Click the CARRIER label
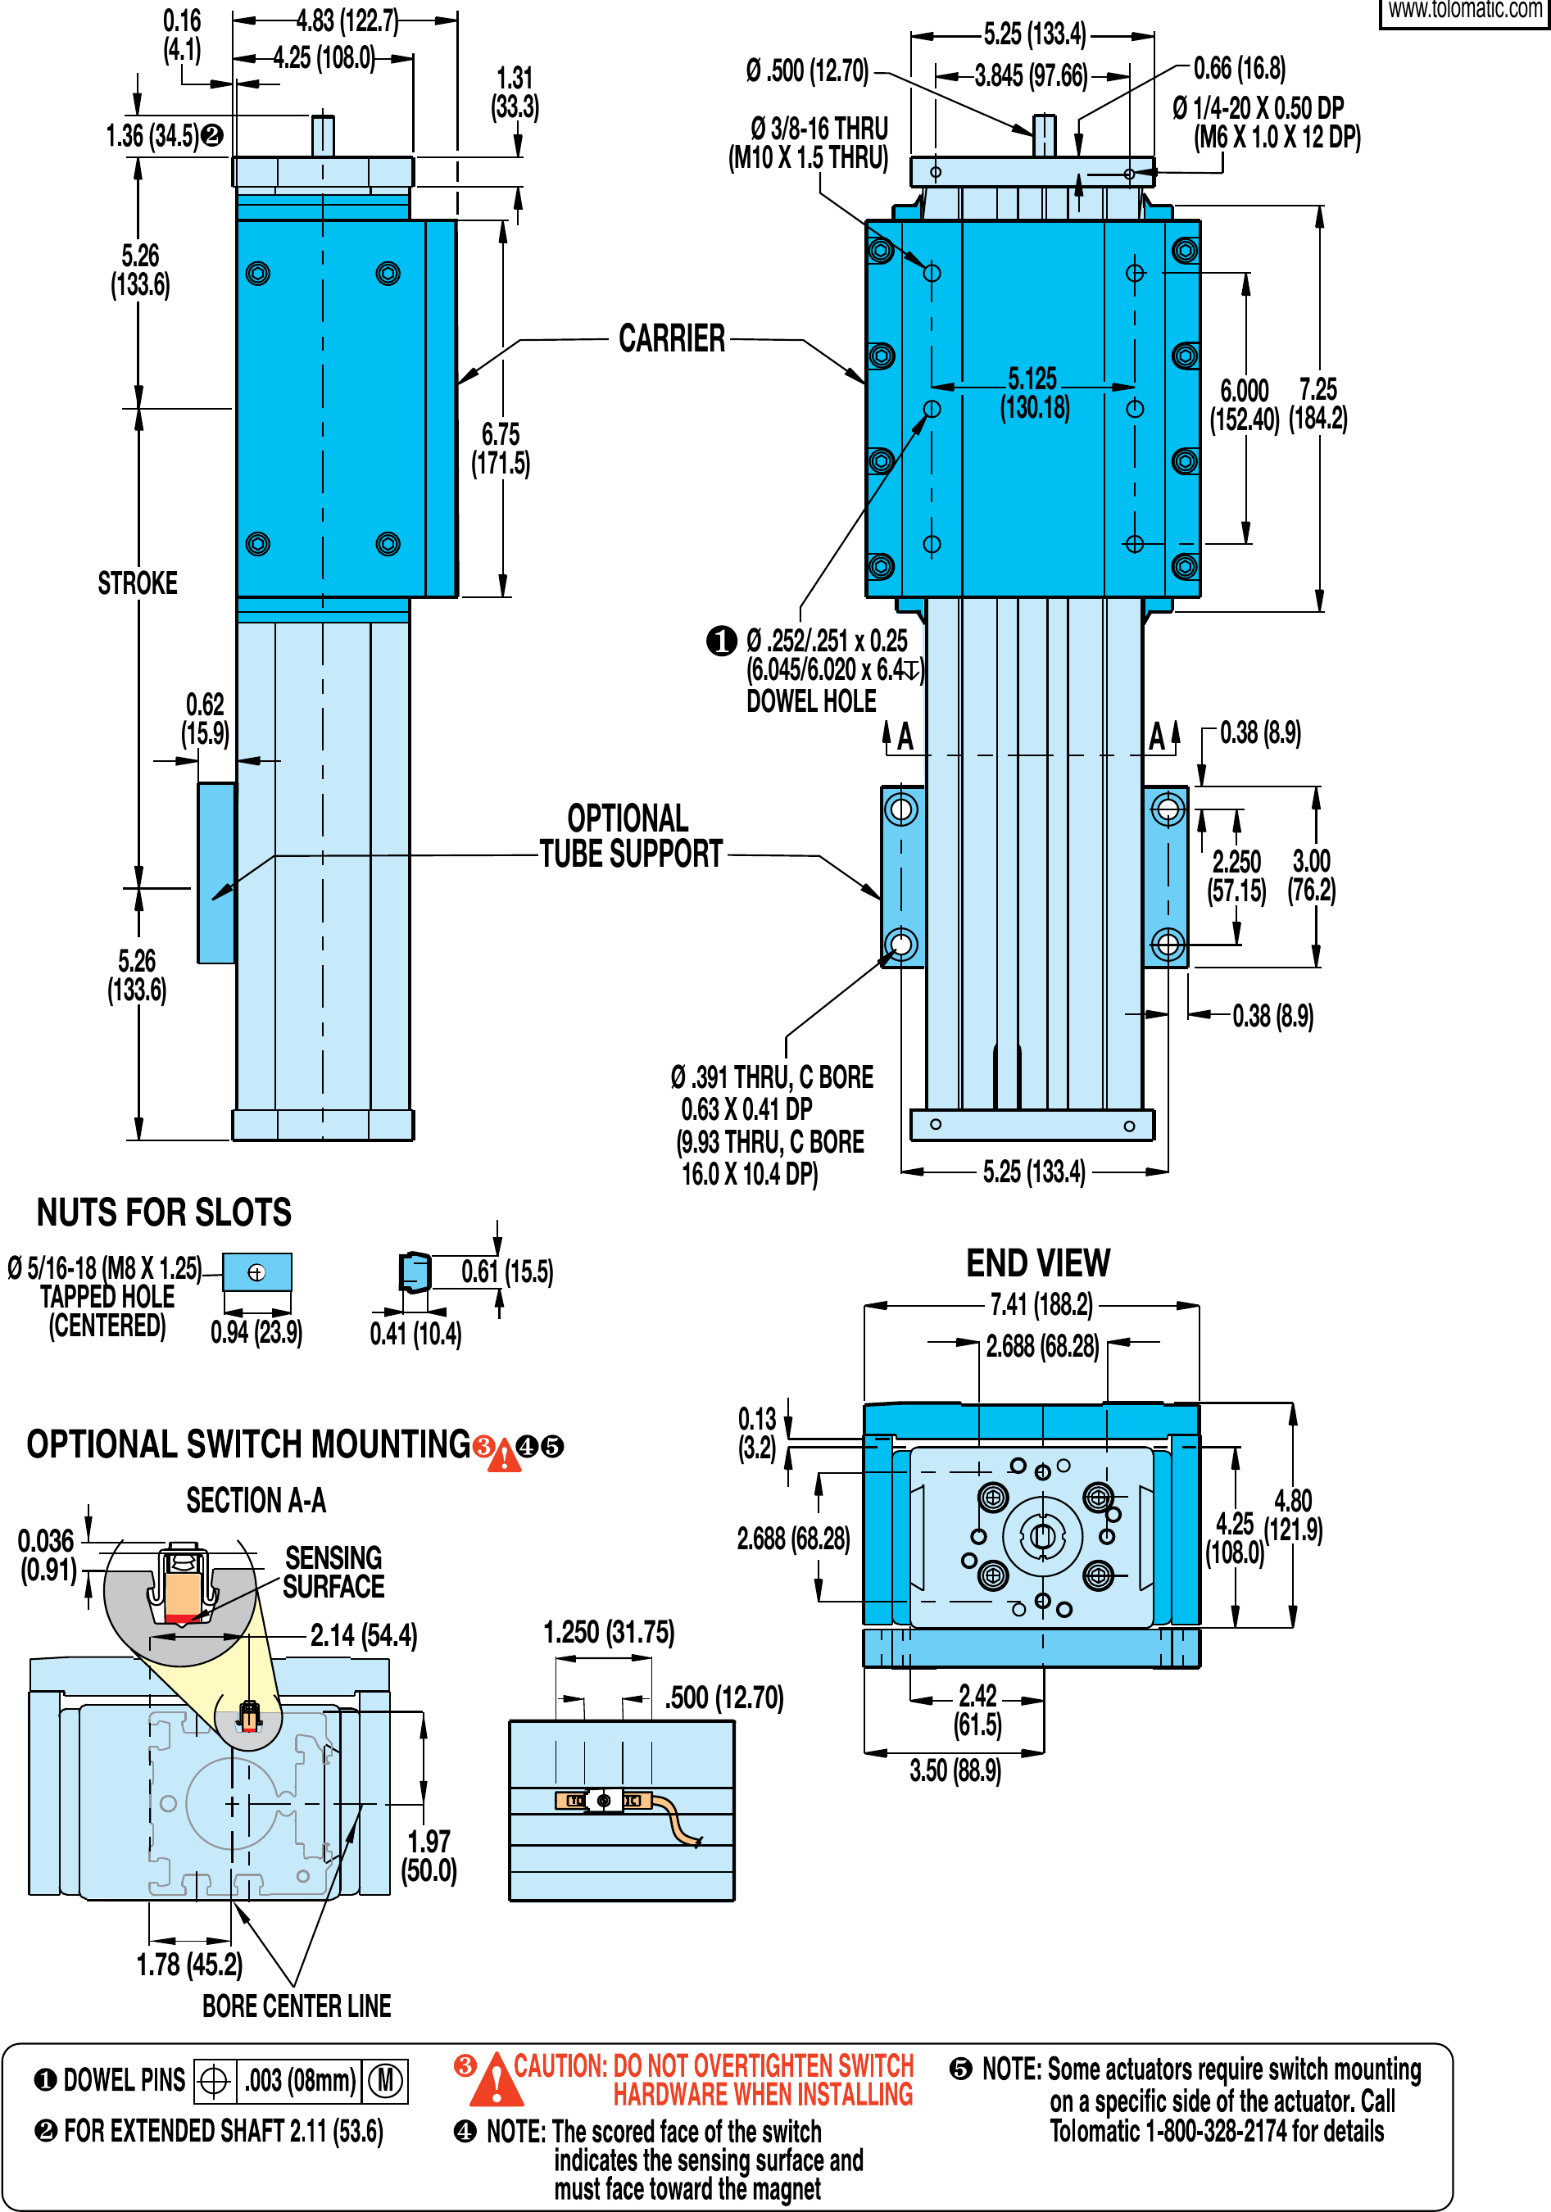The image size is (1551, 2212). [672, 339]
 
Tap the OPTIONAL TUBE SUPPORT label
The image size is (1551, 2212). [630, 836]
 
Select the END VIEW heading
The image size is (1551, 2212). [1037, 1262]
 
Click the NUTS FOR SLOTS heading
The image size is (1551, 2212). [164, 1212]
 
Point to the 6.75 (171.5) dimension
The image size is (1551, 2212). [500, 449]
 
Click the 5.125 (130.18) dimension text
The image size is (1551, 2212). [1034, 393]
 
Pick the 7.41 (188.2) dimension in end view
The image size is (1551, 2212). [1041, 1304]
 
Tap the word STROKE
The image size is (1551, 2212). [138, 582]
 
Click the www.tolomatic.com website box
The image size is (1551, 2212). [1464, 11]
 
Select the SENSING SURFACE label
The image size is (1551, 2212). [333, 1572]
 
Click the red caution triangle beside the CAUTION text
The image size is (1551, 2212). [497, 2081]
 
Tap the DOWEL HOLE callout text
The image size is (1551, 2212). [811, 700]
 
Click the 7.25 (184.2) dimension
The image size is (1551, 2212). [1317, 404]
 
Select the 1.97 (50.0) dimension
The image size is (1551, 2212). [429, 1856]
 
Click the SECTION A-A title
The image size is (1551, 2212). [256, 1500]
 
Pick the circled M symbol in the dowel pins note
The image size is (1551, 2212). [385, 2080]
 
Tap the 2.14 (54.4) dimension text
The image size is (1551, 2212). [363, 1635]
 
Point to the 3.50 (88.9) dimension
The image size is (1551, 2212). [955, 1770]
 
